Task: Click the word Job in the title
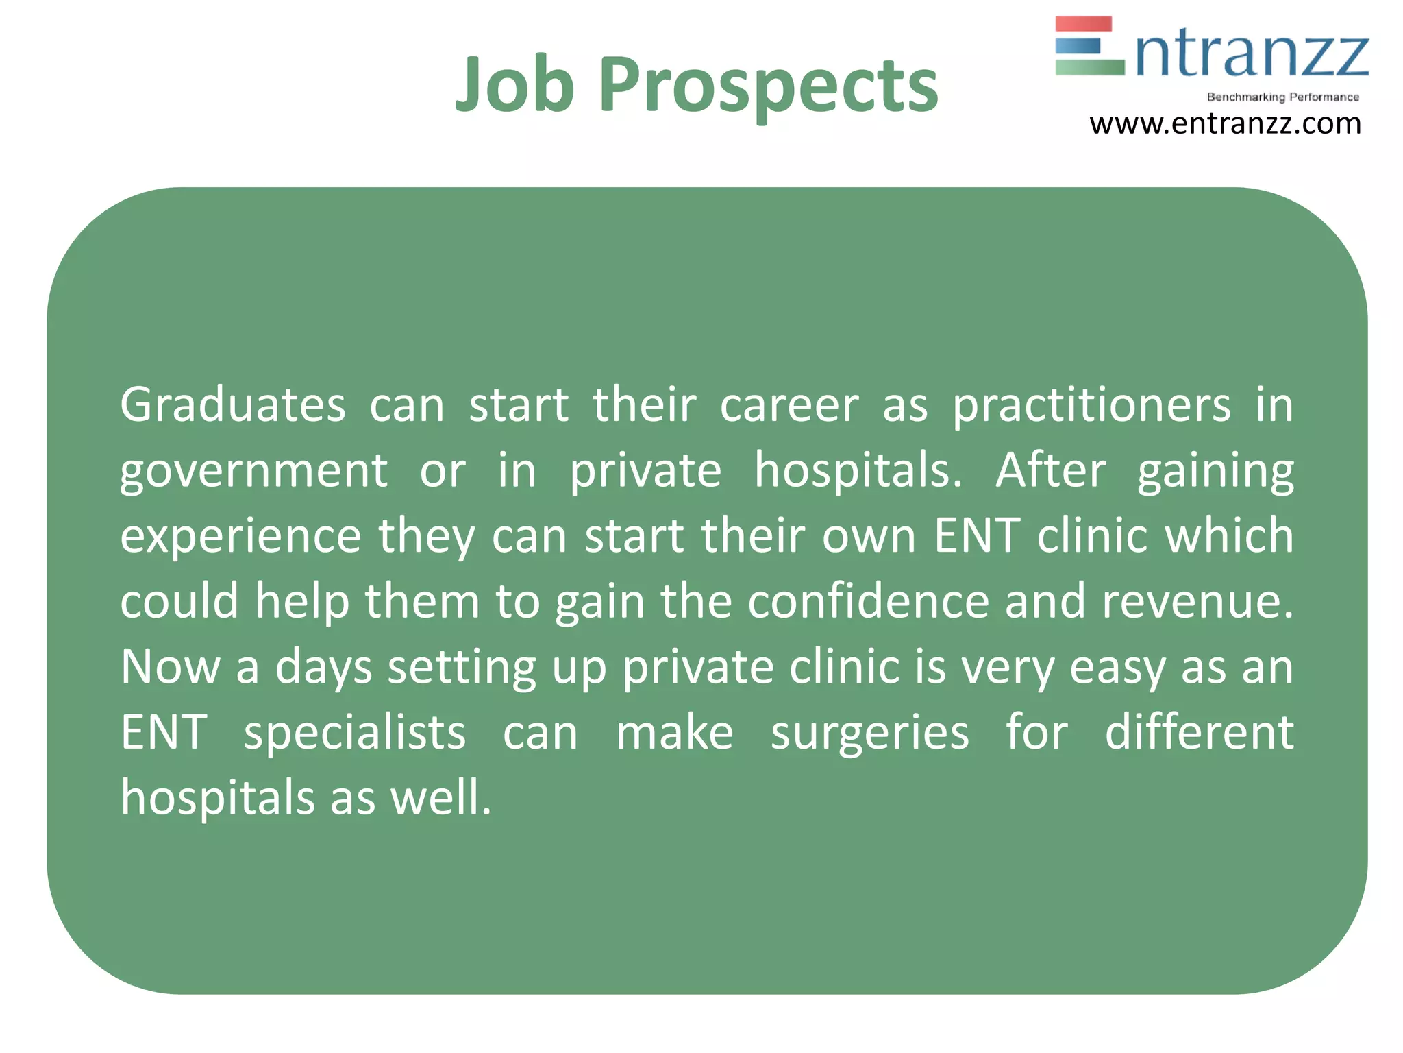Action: point(514,84)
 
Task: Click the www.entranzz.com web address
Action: point(1225,124)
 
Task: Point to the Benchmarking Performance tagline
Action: point(1282,97)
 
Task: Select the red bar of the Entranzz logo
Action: point(1083,24)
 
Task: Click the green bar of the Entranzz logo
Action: point(1089,67)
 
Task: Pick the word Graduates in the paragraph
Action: point(233,404)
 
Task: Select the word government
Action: point(254,472)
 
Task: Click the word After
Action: point(1050,470)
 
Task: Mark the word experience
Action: point(240,537)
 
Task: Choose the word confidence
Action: point(869,601)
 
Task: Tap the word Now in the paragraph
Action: point(170,666)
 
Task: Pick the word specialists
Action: point(355,733)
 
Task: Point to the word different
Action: point(1199,731)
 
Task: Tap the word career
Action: point(789,405)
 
